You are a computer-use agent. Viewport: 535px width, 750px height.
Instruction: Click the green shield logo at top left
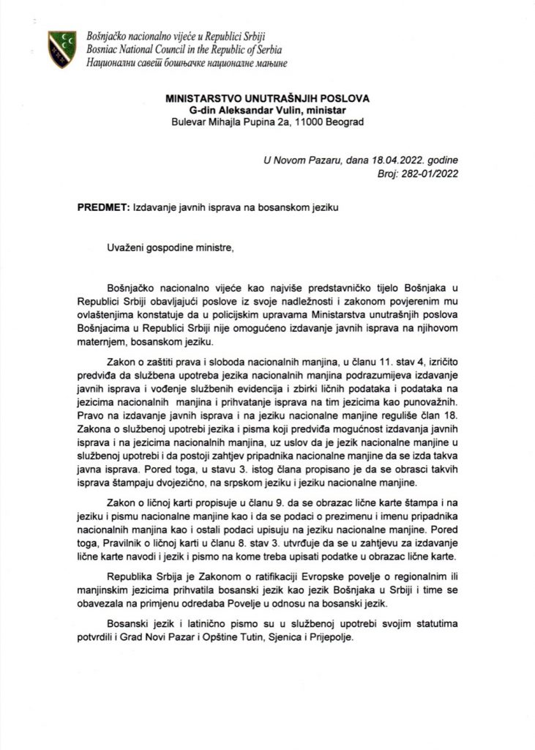61,48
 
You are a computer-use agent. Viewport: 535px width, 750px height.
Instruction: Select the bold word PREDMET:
102,207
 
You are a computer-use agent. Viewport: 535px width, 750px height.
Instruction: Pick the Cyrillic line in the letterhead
187,63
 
